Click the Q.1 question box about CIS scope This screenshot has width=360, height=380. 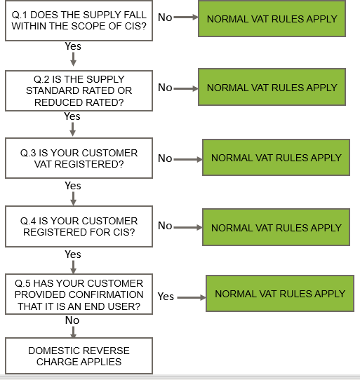pos(79,20)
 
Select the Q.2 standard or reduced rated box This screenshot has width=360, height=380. pos(79,90)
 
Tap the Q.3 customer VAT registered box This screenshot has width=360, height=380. pos(79,158)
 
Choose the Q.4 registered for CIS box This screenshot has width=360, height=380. pos(79,226)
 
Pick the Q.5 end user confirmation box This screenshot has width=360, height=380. pos(79,294)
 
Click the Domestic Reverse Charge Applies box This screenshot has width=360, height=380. pos(79,355)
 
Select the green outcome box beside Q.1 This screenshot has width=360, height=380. pos(272,19)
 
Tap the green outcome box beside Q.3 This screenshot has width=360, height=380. pos(276,158)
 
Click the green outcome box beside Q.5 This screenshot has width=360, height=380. pos(280,294)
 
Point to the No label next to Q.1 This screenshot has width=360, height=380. pos(165,18)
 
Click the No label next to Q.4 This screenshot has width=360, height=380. pos(165,226)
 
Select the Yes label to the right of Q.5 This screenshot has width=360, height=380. pos(166,297)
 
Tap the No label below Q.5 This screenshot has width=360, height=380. pos(72,320)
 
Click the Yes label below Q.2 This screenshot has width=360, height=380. pos(72,116)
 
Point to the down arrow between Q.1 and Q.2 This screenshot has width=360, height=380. pos(73,59)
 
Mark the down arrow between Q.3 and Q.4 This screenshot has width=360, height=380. pos(73,198)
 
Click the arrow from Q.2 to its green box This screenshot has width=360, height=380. pos(186,89)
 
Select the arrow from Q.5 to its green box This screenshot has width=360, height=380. pos(192,297)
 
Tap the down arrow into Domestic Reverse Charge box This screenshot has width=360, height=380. pos(73,332)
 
